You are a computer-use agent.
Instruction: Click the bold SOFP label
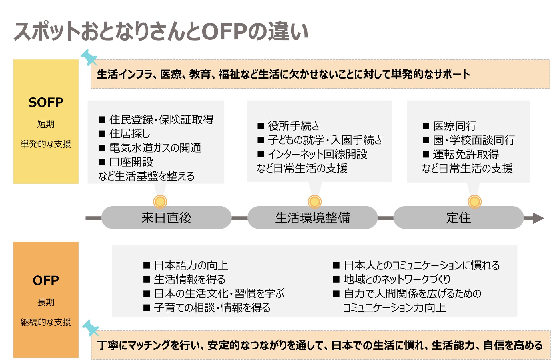point(46,102)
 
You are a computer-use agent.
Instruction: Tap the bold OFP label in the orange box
point(46,281)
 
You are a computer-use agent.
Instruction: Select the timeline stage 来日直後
point(166,218)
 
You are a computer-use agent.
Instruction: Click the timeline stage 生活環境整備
point(312,218)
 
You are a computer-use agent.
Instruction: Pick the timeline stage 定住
point(458,218)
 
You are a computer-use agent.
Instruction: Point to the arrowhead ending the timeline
point(538,218)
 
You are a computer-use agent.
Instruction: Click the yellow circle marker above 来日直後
point(160,202)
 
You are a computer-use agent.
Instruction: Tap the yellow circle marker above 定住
point(474,202)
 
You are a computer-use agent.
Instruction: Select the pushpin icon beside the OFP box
point(91,328)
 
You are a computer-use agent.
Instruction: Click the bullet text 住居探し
point(129,134)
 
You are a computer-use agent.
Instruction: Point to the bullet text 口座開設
point(131,162)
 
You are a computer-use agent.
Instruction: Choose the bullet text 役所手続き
point(294,126)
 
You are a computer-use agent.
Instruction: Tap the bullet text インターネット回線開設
point(317,154)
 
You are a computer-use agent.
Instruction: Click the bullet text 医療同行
point(455,126)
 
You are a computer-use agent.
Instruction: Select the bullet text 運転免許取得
point(466,154)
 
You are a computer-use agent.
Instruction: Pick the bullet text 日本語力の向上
point(191,265)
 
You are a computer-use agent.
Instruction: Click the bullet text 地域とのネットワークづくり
point(397,279)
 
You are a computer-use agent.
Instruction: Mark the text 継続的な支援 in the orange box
point(46,322)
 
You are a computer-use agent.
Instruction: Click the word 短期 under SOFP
point(46,124)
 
